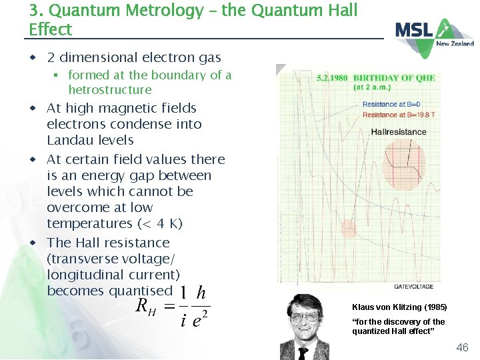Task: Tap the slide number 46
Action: (x=462, y=347)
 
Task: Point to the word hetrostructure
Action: (x=110, y=89)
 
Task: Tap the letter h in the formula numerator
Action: (x=201, y=294)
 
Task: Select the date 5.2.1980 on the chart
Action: (x=332, y=78)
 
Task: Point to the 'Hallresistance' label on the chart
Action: (x=399, y=131)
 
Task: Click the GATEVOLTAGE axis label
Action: (x=414, y=287)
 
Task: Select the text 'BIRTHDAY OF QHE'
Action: (x=394, y=78)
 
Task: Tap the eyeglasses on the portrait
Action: (x=305, y=318)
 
